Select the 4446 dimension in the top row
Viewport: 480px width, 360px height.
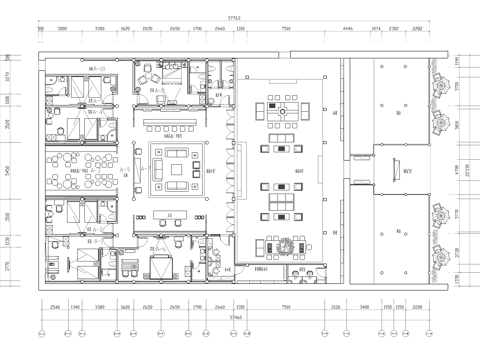348,30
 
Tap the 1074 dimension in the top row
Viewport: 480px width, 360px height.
377,30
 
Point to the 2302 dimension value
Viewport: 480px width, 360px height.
395,30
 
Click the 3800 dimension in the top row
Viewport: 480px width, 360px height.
62,30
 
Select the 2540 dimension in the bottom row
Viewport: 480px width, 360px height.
54,308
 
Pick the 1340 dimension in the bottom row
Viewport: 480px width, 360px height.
75,308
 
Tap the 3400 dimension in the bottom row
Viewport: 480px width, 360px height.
366,308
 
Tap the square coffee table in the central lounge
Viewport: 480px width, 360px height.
179,169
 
